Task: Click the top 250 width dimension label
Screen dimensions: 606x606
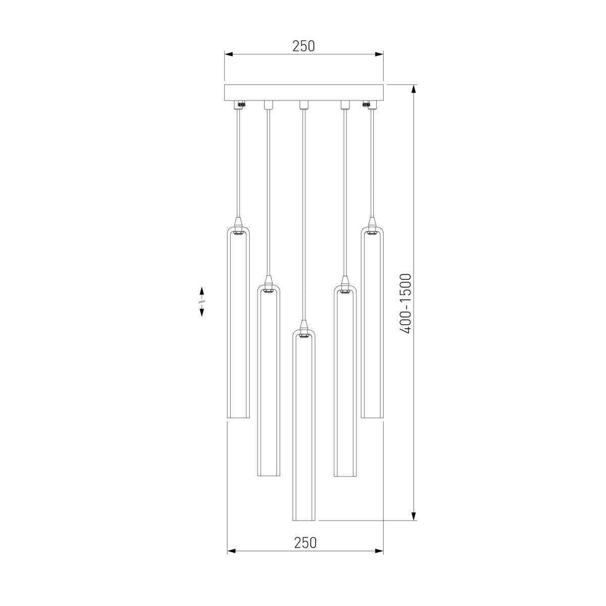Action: click(x=304, y=46)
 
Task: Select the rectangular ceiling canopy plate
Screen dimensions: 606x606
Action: click(x=304, y=93)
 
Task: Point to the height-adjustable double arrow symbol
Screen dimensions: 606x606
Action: click(x=201, y=301)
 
